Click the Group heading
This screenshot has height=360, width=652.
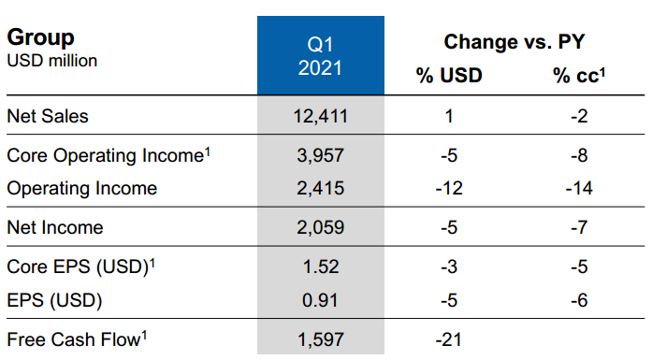(x=41, y=37)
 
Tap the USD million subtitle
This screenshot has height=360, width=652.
(x=52, y=61)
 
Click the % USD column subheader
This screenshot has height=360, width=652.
(x=449, y=76)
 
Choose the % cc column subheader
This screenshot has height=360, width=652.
(x=579, y=76)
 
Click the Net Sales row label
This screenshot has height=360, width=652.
(x=48, y=117)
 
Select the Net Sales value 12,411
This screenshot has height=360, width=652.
(x=320, y=117)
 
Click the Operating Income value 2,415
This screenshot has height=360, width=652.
(x=320, y=189)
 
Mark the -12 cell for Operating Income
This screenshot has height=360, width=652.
(x=450, y=189)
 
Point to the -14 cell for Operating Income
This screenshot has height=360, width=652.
(x=580, y=189)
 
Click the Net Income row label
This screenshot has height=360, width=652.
(x=54, y=226)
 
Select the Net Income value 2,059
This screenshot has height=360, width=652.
(x=320, y=226)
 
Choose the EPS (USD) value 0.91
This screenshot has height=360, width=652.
(x=320, y=300)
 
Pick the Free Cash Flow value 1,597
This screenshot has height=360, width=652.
(x=320, y=338)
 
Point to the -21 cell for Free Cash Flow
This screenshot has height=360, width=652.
(x=450, y=338)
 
